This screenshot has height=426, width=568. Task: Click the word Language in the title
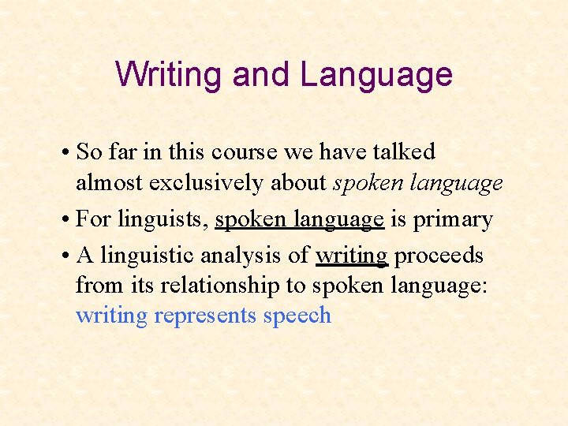(x=376, y=75)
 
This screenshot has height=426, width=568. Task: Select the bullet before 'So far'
(x=81, y=151)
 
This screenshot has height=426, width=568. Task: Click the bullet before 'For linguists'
(x=81, y=219)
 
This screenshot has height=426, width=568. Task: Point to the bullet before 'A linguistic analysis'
(x=81, y=256)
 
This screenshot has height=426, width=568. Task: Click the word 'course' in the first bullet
(x=273, y=151)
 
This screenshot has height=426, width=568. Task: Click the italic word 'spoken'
(x=366, y=183)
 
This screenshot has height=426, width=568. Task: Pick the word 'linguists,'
(x=169, y=219)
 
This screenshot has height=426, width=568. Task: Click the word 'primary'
(x=454, y=219)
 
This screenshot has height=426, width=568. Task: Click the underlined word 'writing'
(x=351, y=256)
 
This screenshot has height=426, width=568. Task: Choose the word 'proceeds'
(x=439, y=256)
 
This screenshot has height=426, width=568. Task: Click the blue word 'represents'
(x=205, y=316)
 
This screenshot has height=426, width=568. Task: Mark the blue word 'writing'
(x=111, y=316)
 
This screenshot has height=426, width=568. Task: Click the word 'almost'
(x=109, y=183)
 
